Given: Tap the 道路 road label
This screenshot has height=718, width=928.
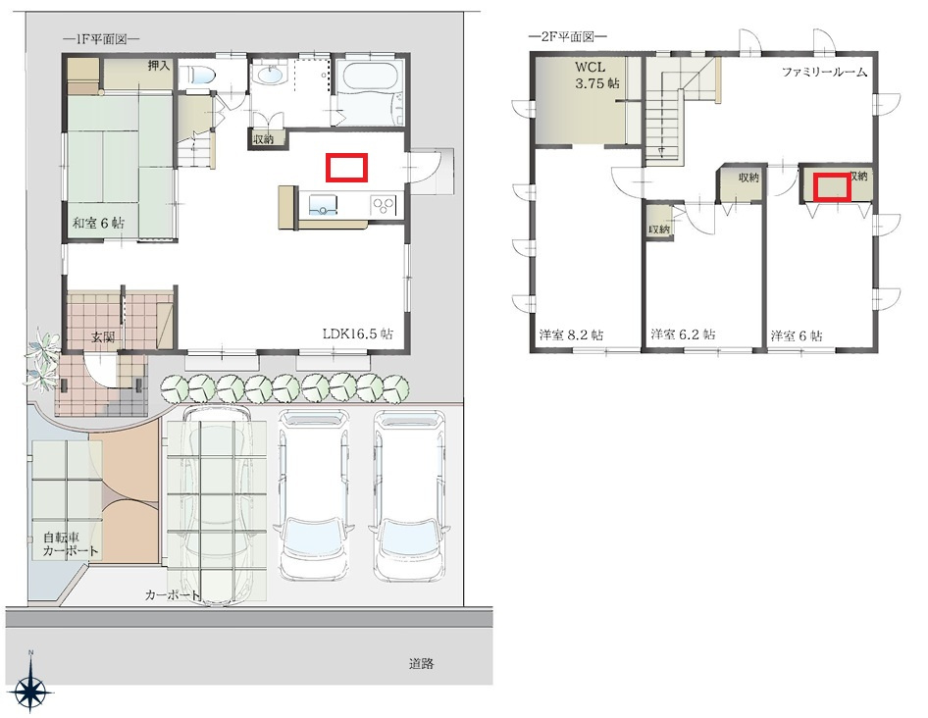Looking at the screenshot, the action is coord(422,664).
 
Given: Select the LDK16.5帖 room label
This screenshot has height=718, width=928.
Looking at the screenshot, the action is coord(357,333).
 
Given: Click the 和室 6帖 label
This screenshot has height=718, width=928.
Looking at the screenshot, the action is coord(99,224).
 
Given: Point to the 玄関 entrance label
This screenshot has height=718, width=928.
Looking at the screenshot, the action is coord(103,338).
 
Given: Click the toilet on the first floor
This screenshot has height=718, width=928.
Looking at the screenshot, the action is coord(199,76).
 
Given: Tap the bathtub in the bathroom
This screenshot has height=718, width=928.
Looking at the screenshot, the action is coord(369,77).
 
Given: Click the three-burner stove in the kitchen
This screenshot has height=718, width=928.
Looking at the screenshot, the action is coord(384,205).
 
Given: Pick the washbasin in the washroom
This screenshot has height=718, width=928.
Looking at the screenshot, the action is coord(271,75).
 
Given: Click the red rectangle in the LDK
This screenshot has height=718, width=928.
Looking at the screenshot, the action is coord(347,168).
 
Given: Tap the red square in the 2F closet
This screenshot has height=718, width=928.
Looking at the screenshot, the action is coord(832,187).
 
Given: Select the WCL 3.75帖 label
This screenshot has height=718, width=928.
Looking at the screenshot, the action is coord(597,76).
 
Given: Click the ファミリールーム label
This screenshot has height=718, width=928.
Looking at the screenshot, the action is coord(824,73).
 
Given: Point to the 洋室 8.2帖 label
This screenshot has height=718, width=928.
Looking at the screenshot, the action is coord(571,335).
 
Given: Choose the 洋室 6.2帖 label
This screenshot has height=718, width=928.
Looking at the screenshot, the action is coord(683,334).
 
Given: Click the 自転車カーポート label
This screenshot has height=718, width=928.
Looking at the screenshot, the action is coord(71,544).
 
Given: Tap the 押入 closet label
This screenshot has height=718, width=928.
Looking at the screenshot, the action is coord(159,65).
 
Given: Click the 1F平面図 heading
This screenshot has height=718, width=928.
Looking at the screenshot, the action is coord(101,39).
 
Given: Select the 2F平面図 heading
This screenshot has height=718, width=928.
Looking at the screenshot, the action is coord(568,36).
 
